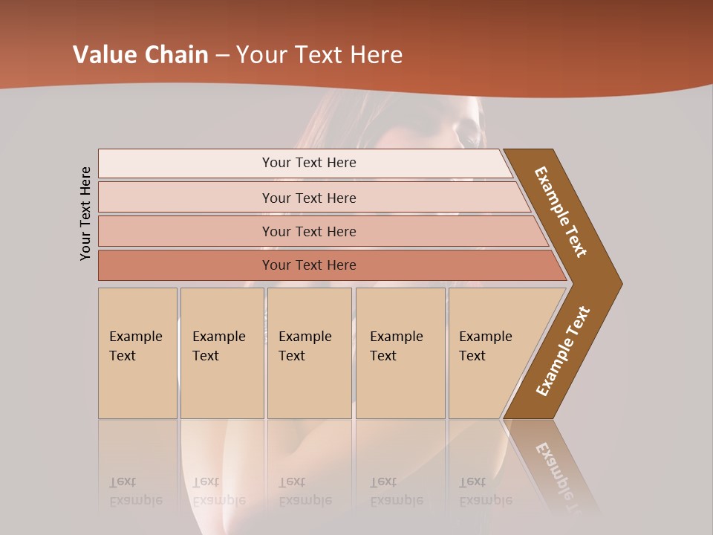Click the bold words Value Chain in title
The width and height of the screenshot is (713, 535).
point(140,55)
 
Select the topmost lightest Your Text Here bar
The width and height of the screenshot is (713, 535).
point(308,163)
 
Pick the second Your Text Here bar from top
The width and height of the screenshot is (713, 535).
point(308,198)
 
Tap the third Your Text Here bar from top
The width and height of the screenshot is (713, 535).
point(308,231)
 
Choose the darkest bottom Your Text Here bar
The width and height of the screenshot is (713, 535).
point(308,265)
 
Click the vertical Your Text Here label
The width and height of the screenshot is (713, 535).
point(85,213)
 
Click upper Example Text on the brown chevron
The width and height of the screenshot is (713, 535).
point(561,212)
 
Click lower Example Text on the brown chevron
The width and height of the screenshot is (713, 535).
point(563,351)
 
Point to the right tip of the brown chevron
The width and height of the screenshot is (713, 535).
point(620,283)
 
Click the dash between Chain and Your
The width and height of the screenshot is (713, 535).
point(221,56)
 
